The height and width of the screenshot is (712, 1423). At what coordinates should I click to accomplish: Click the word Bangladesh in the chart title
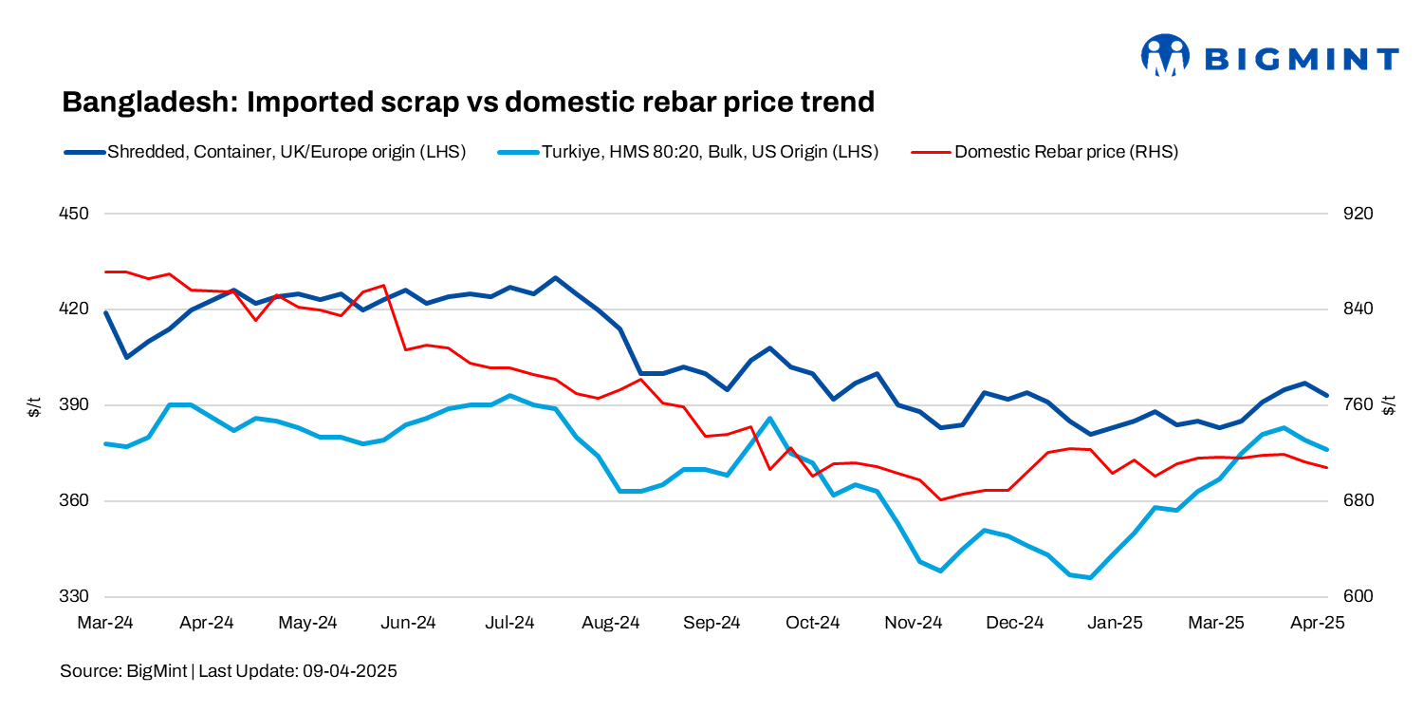(149, 102)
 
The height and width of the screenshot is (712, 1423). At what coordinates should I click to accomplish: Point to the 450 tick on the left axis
(74, 214)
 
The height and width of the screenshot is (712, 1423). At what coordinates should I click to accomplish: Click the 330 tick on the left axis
(74, 597)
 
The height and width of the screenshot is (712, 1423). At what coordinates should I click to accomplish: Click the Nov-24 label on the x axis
(914, 623)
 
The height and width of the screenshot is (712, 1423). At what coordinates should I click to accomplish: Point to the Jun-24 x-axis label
(409, 623)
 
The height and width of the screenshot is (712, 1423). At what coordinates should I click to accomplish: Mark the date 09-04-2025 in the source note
(349, 671)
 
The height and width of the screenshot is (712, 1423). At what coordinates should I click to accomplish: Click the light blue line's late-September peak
(769, 418)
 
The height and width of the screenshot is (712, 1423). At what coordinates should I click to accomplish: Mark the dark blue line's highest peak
(555, 278)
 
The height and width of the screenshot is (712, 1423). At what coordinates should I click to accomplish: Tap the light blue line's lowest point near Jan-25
(1091, 577)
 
